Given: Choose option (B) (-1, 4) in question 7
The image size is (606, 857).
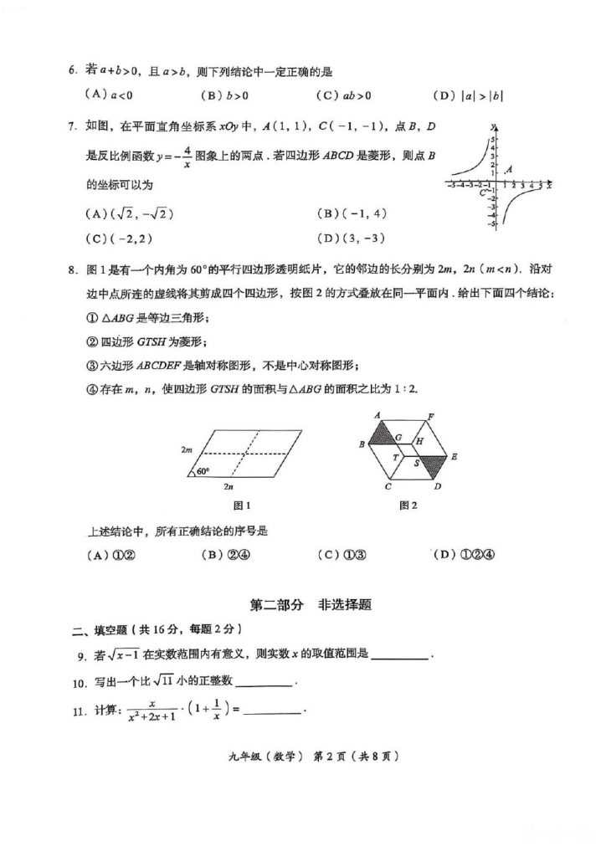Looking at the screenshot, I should tap(352, 213).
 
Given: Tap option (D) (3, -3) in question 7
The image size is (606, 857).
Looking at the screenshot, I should tap(352, 238).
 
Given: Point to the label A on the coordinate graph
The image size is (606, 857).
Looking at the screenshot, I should tap(509, 169).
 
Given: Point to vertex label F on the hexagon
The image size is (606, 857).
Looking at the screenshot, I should tap(431, 416).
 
